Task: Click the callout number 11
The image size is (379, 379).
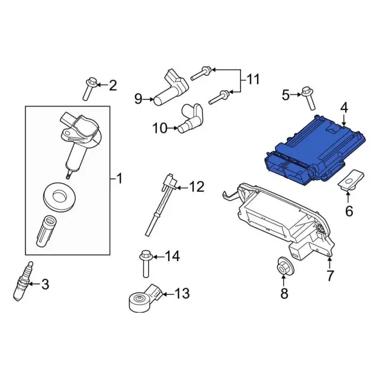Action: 253,79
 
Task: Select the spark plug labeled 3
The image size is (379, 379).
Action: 23,281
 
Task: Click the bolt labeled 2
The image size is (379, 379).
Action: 90,89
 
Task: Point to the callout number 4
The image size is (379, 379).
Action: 344,108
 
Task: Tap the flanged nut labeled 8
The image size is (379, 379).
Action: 285,266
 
